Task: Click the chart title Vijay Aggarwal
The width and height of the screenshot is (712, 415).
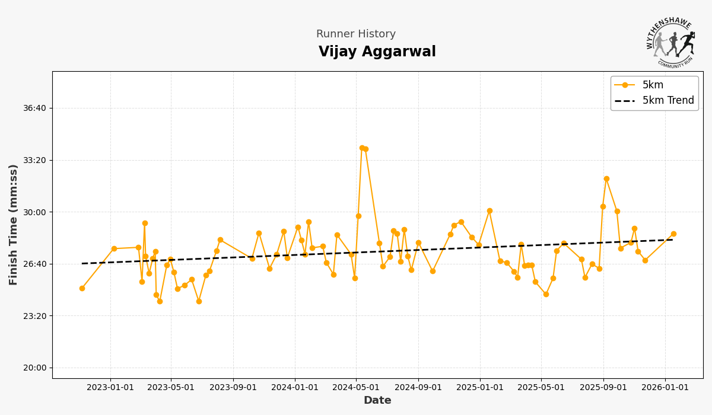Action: [x=377, y=52]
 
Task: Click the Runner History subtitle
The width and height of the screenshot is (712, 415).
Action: [x=355, y=34]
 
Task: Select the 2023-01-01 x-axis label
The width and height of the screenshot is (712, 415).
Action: [x=110, y=388]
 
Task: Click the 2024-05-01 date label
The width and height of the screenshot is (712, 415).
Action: [x=355, y=388]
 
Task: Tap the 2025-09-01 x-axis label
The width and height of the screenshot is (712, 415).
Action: [x=603, y=388]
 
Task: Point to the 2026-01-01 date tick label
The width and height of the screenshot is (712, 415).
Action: [x=665, y=388]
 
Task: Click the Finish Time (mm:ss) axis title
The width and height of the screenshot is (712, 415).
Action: [x=14, y=225]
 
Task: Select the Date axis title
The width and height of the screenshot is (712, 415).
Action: [x=377, y=401]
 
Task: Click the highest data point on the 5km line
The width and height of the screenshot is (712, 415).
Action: [x=362, y=148]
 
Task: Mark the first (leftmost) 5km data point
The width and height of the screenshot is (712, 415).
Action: [x=82, y=289]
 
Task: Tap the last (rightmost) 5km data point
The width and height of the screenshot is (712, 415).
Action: [x=673, y=234]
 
